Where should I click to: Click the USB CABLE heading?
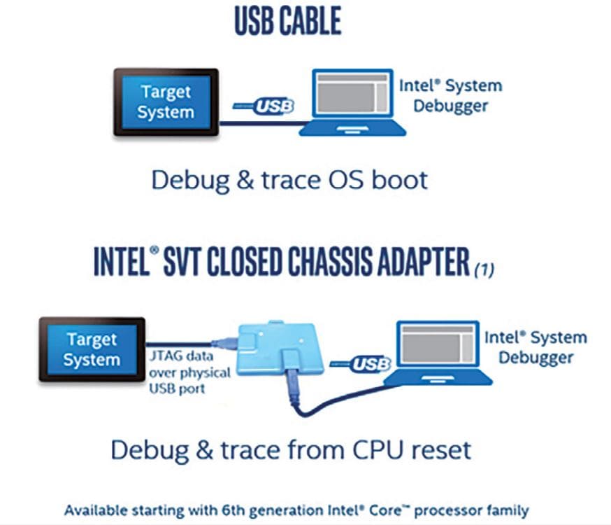[x=288, y=21]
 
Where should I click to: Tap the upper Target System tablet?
[x=166, y=102]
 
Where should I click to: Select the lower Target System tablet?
[x=92, y=349]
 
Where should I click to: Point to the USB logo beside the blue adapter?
[x=361, y=364]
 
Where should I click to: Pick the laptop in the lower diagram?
[x=438, y=353]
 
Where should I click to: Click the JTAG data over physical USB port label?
[x=189, y=372]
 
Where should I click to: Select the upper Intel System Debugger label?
[x=451, y=96]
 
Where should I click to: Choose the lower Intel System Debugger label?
[x=535, y=347]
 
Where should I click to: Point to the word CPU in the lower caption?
[x=378, y=449]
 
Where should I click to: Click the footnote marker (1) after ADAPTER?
[x=484, y=269]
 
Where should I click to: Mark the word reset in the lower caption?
[x=442, y=450]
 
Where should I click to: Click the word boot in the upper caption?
[x=399, y=180]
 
